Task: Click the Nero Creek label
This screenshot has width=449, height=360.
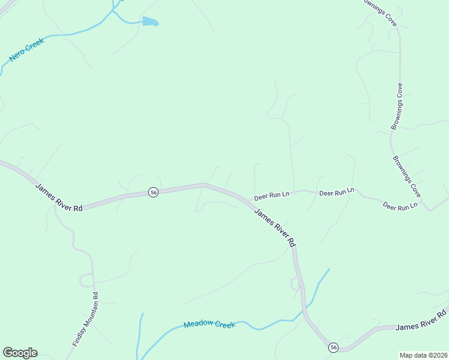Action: (27, 50)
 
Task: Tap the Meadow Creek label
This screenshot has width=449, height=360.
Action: (209, 324)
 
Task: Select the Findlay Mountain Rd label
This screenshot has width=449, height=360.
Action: (85, 319)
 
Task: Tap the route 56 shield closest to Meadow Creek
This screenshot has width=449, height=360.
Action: (333, 347)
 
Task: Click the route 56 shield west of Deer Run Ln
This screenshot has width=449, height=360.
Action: (154, 192)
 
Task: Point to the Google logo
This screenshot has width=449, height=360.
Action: (20, 353)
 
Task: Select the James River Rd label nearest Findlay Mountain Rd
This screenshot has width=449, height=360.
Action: (58, 196)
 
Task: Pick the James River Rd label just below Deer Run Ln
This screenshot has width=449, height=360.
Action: (275, 227)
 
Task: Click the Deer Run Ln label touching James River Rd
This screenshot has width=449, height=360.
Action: (272, 196)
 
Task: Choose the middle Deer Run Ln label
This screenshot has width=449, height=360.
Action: (337, 193)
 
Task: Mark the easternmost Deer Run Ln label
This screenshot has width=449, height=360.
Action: (400, 206)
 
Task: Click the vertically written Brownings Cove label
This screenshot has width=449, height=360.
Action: (397, 107)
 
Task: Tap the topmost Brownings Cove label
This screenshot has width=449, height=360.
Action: (379, 12)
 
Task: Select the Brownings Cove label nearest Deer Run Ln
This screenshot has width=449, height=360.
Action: (406, 178)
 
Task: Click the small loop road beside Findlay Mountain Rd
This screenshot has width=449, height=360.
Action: (86, 279)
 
